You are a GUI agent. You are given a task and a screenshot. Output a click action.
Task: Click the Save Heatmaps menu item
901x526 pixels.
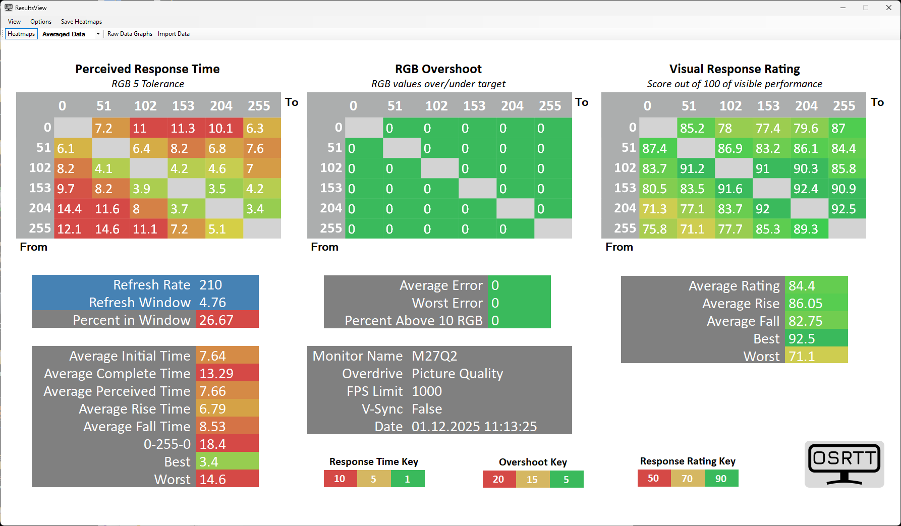(x=81, y=22)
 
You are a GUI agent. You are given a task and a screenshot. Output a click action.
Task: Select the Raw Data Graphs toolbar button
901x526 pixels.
(x=130, y=34)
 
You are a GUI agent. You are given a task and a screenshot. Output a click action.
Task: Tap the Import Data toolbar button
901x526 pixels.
(x=174, y=34)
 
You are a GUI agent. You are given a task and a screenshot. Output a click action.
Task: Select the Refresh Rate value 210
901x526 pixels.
(x=211, y=285)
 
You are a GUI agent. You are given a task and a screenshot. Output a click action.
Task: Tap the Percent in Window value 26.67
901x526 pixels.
(x=216, y=320)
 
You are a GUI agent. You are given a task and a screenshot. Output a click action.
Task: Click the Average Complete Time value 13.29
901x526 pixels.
(x=216, y=374)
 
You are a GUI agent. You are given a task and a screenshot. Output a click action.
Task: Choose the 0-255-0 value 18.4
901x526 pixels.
(x=212, y=444)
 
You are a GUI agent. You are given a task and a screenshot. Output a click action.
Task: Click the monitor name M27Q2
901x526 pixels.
(x=434, y=356)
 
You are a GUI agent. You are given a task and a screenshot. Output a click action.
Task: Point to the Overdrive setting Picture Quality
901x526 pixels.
(x=457, y=374)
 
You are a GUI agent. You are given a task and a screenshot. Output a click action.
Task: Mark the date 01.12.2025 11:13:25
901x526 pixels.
(x=474, y=427)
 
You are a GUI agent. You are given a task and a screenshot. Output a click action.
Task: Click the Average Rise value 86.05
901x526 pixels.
(x=806, y=304)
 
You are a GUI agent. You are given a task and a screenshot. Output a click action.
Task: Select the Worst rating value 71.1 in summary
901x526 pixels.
(x=802, y=357)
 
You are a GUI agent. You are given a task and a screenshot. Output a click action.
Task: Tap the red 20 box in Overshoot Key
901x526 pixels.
(x=499, y=479)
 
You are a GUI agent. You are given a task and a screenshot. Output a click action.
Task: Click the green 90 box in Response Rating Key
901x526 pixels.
(x=721, y=479)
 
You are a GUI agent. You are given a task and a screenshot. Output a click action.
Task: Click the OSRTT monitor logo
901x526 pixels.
(x=844, y=464)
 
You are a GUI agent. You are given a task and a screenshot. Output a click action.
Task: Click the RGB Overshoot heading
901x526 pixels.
(x=438, y=69)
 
